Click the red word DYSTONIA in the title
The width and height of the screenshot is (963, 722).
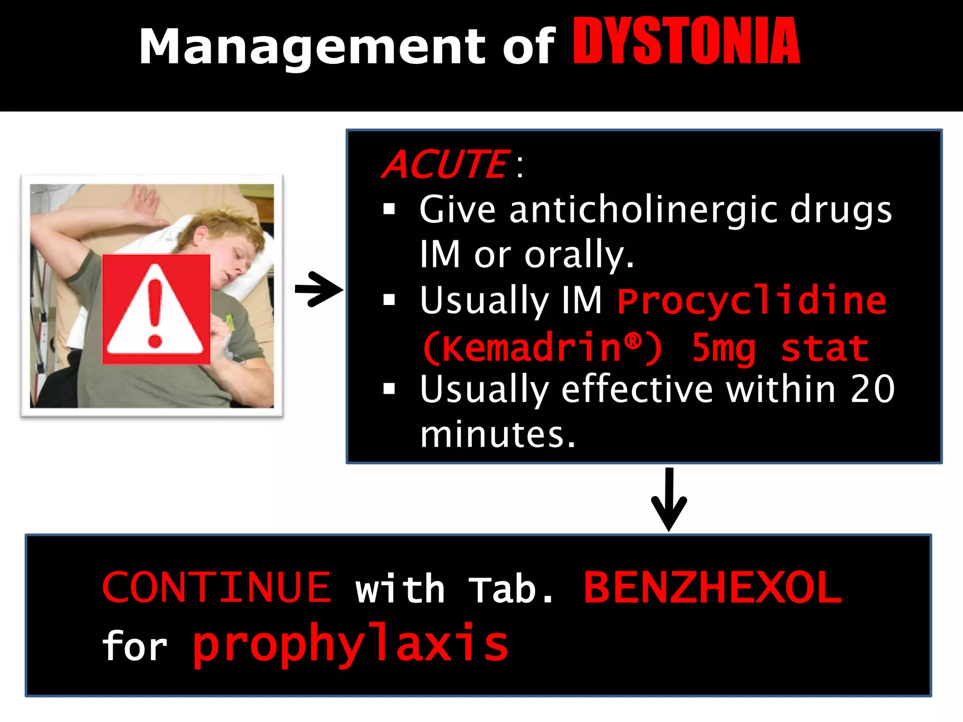pos(687,41)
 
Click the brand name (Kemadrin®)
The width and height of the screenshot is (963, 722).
pos(543,348)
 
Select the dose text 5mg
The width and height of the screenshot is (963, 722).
pos(723,349)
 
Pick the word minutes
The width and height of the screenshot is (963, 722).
pos(497,434)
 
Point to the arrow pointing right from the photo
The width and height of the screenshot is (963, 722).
pos(319,289)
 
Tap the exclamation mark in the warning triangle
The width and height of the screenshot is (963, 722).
pos(155,313)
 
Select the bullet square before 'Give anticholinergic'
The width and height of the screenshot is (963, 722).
pos(389,209)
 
